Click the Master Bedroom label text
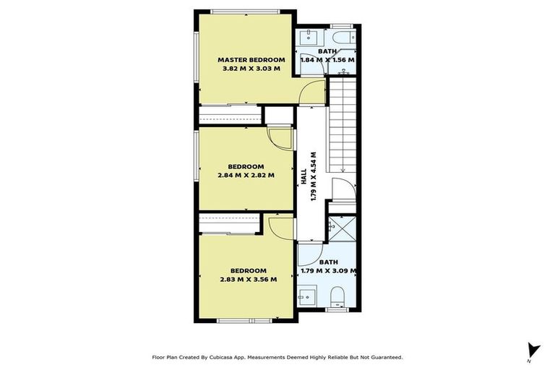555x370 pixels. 251,59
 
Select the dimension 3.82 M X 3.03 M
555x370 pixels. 251,69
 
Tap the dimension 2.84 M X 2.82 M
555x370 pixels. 246,174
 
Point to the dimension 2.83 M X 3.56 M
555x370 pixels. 249,279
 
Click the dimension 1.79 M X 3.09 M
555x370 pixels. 329,272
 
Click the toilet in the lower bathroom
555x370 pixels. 337,297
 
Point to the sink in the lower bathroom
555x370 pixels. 306,296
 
